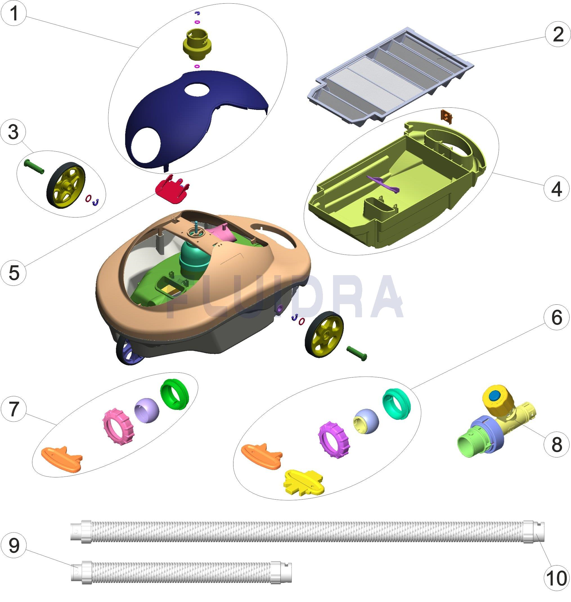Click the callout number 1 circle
[14, 14]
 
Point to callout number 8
[557, 445]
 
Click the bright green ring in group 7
[174, 394]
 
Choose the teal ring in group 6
[396, 405]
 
